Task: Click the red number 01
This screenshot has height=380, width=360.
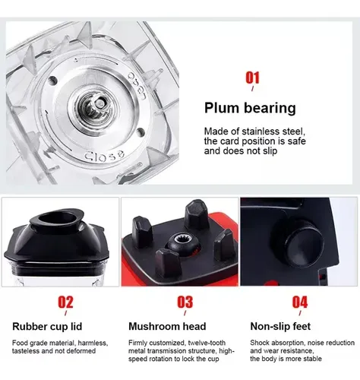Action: (252, 78)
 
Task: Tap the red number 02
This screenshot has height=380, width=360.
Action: (65, 302)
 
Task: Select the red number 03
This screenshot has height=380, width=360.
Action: (185, 302)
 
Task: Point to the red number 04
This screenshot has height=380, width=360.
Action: (300, 302)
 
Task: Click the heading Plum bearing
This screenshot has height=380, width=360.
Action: (250, 108)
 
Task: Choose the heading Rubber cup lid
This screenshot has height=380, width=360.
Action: (47, 326)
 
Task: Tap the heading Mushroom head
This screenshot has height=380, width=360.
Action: (167, 326)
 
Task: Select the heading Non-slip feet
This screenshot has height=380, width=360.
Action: (280, 326)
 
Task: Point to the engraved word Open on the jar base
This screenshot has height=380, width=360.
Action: (137, 86)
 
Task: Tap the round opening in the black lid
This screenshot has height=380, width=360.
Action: (57, 218)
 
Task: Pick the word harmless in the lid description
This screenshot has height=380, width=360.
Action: (93, 343)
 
